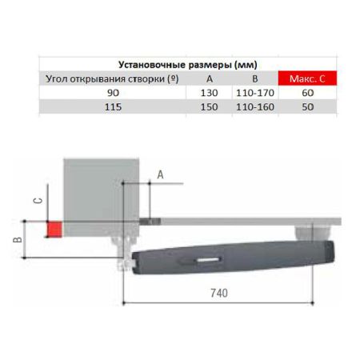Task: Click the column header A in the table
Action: tap(210, 78)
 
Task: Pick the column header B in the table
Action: tap(254, 78)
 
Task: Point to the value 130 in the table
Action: tap(210, 93)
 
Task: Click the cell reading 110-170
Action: tap(254, 93)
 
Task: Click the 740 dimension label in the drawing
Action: tap(219, 294)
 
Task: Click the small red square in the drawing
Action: tap(54, 229)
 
